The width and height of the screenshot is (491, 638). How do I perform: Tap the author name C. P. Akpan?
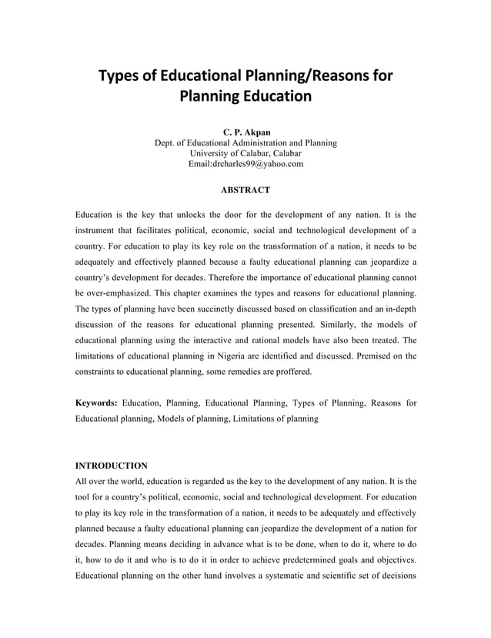coord(245,132)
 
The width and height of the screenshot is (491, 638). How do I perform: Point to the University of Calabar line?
coord(245,153)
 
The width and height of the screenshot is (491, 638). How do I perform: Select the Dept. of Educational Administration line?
coord(245,142)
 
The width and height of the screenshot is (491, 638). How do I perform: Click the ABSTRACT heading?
coord(245,189)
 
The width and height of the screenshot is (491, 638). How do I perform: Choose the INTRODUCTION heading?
coord(111,466)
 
